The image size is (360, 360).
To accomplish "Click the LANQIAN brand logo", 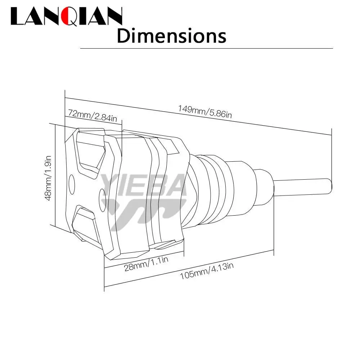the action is (66, 16).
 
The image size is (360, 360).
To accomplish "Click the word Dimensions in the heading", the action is (171, 36).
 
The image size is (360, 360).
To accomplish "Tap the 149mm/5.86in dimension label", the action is (205, 111).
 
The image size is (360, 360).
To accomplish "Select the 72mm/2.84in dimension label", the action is (93, 116).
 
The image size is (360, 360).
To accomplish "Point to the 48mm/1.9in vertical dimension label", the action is (48, 178).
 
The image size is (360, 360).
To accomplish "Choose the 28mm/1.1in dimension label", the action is (146, 264).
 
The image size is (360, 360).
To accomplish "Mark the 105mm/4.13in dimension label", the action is (207, 271).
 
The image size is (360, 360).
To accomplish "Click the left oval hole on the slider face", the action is (72, 184).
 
